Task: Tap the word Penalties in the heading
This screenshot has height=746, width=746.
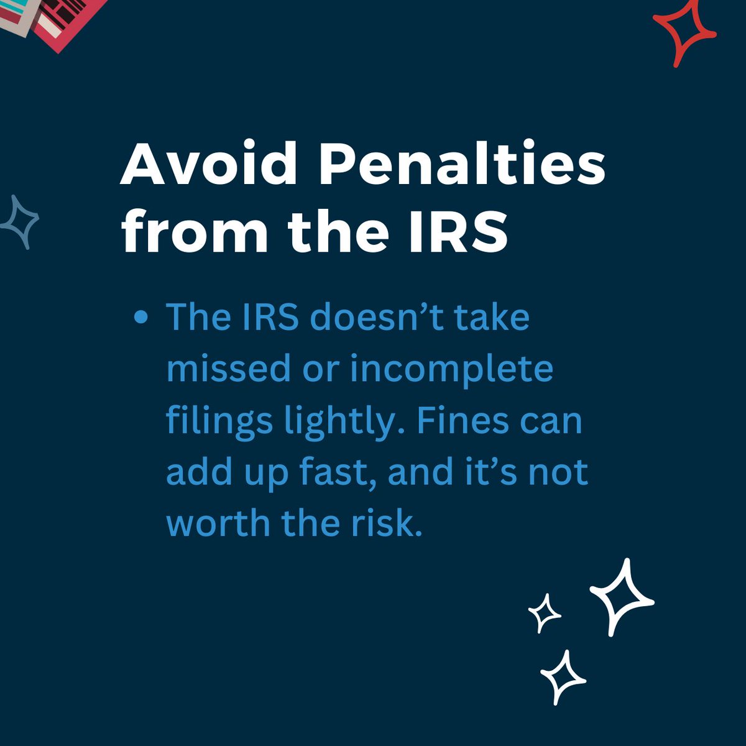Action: click(x=464, y=166)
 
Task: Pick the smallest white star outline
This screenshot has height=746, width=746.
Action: click(x=545, y=613)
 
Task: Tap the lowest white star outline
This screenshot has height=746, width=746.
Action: click(x=563, y=677)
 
